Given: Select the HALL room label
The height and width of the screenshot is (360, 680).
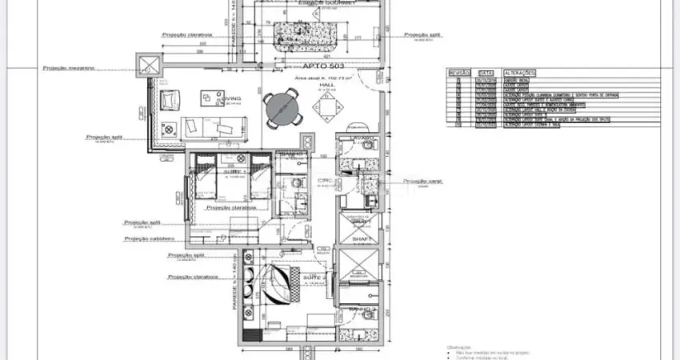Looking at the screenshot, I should pyautogui.click(x=326, y=84).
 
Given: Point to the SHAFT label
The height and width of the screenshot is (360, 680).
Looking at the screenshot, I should pyautogui.click(x=358, y=238).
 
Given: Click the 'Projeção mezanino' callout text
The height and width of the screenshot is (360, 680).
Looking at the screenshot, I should pyautogui.click(x=69, y=68).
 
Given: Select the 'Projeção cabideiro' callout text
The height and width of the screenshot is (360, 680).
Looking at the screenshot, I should pyautogui.click(x=149, y=238).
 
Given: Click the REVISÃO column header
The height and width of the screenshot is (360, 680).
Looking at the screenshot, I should pyautogui.click(x=458, y=72).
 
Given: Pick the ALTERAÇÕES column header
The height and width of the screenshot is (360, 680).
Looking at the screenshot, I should pyautogui.click(x=519, y=72).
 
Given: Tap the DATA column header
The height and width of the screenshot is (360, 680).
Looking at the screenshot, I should pyautogui.click(x=486, y=72).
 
